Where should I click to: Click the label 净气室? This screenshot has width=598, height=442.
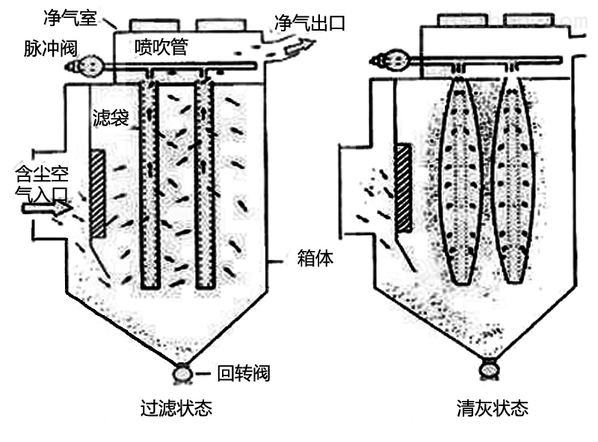coord(71,13)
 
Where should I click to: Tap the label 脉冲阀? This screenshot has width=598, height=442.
coord(46,47)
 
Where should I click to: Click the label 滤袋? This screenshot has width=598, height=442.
coord(110,118)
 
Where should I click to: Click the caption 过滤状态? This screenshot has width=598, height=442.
coord(176,409)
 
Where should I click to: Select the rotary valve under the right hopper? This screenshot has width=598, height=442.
coord(490,367)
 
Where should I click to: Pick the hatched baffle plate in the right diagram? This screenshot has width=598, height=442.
coord(404,187)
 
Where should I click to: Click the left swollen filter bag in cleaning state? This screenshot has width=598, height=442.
coord(458,179)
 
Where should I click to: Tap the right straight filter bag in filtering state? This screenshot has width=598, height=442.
coord(204,183)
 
